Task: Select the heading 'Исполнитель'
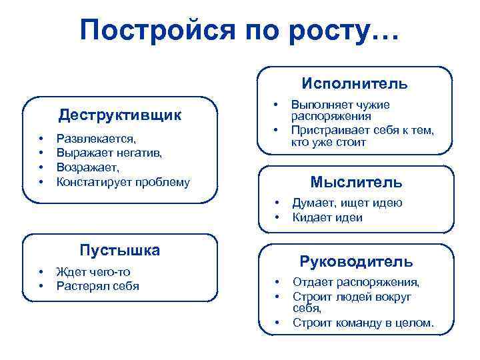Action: click(354, 84)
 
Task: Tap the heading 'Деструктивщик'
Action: click(119, 115)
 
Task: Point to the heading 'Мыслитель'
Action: click(356, 182)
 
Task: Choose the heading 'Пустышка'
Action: click(119, 251)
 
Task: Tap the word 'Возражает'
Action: click(87, 167)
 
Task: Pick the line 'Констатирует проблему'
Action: click(123, 181)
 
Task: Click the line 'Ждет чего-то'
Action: click(94, 272)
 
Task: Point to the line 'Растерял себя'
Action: click(98, 286)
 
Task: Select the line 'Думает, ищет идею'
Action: click(347, 203)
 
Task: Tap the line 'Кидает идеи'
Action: click(327, 217)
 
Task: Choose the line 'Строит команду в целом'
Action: click(363, 324)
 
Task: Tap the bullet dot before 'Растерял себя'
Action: click(41, 286)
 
